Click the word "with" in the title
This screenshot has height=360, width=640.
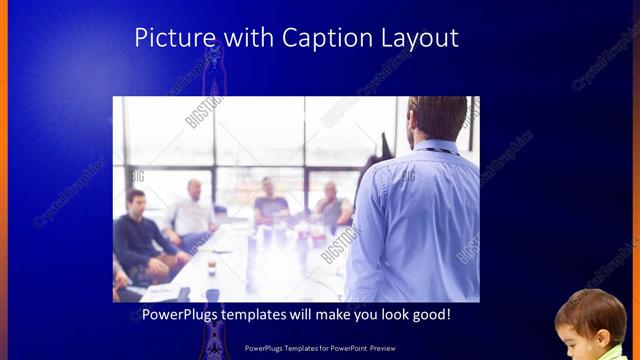[x=244, y=38]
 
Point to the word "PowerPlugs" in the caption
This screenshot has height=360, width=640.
[x=181, y=315]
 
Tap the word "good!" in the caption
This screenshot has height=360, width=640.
[x=428, y=315]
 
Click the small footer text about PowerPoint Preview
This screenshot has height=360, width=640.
[x=319, y=349]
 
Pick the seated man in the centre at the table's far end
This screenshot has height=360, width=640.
[x=269, y=203]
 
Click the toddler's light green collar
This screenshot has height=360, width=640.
[x=612, y=353]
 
